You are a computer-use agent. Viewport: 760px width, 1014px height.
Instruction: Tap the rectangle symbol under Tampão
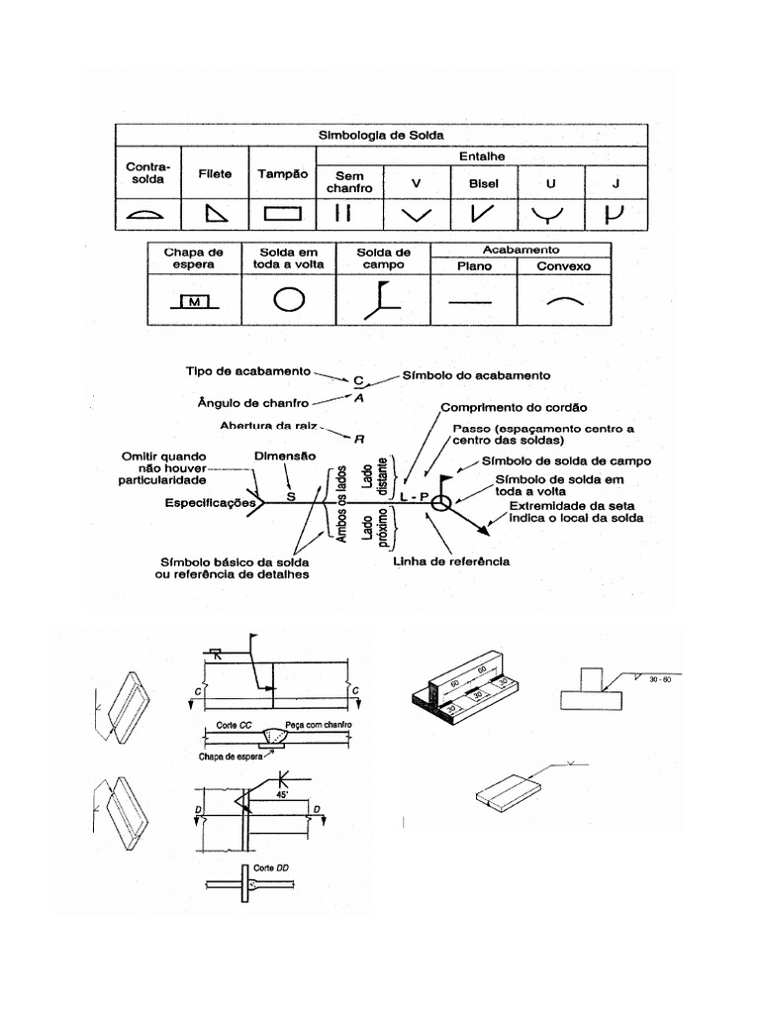coord(283,212)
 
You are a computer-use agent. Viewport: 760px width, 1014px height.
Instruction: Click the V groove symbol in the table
coord(417,213)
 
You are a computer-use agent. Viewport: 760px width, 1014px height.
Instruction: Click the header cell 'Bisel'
coord(484,183)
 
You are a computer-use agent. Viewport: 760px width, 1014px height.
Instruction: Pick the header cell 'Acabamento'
coord(521,250)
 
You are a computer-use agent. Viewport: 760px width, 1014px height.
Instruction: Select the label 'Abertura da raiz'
coord(265,429)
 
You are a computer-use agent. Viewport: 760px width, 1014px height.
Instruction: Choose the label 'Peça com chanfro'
coord(318,725)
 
